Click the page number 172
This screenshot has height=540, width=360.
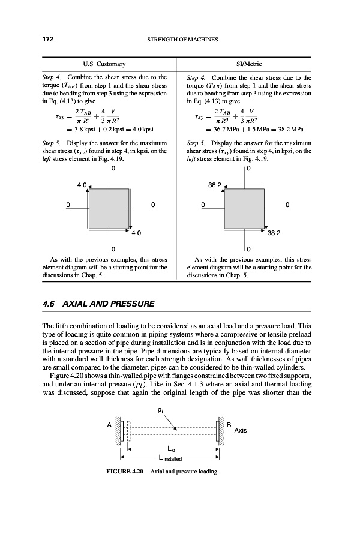click(48, 40)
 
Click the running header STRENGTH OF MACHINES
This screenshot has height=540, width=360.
click(181, 40)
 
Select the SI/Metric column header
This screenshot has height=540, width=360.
click(250, 63)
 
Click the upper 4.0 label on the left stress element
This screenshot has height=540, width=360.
click(82, 184)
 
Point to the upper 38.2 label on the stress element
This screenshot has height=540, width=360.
click(215, 184)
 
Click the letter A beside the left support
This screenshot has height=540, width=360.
click(110, 425)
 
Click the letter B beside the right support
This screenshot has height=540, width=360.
click(229, 425)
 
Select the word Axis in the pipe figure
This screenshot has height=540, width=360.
click(241, 430)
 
